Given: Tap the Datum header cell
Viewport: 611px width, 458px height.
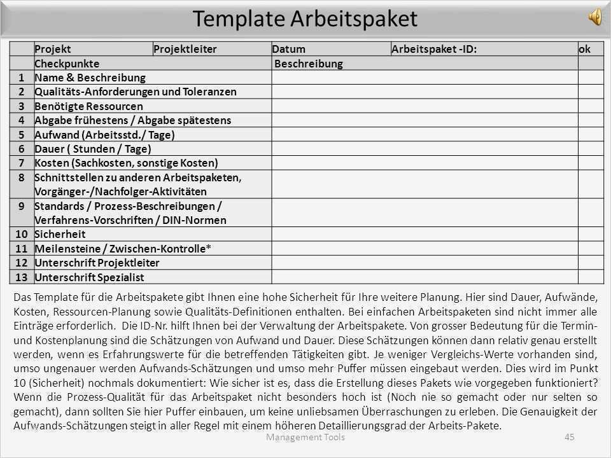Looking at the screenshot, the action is click(x=289, y=49).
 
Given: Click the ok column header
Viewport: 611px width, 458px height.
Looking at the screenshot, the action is click(x=584, y=49).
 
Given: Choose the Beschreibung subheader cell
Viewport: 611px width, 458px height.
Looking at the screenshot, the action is click(x=308, y=64).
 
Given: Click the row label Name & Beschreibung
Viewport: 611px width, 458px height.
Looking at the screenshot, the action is click(x=90, y=78).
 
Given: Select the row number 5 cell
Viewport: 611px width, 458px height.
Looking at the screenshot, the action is click(x=22, y=134).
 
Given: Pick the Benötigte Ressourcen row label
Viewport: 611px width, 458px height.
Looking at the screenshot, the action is click(x=88, y=106).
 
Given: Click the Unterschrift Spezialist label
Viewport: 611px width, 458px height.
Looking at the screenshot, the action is click(x=89, y=277).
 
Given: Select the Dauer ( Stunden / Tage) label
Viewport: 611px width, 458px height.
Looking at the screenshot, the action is click(x=93, y=149).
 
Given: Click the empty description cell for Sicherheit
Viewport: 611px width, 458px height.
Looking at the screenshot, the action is click(x=425, y=234).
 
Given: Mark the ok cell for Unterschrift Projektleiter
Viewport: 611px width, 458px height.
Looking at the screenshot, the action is click(x=590, y=262).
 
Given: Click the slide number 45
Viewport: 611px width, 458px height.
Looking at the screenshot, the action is click(x=569, y=436).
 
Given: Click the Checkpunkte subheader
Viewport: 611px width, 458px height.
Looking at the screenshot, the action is click(x=66, y=64).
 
